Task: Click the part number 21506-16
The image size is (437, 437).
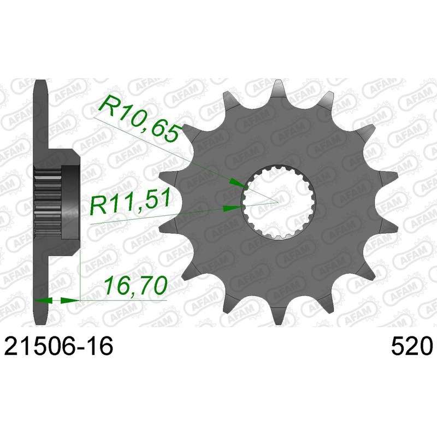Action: click(x=58, y=346)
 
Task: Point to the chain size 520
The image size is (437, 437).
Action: click(x=411, y=346)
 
